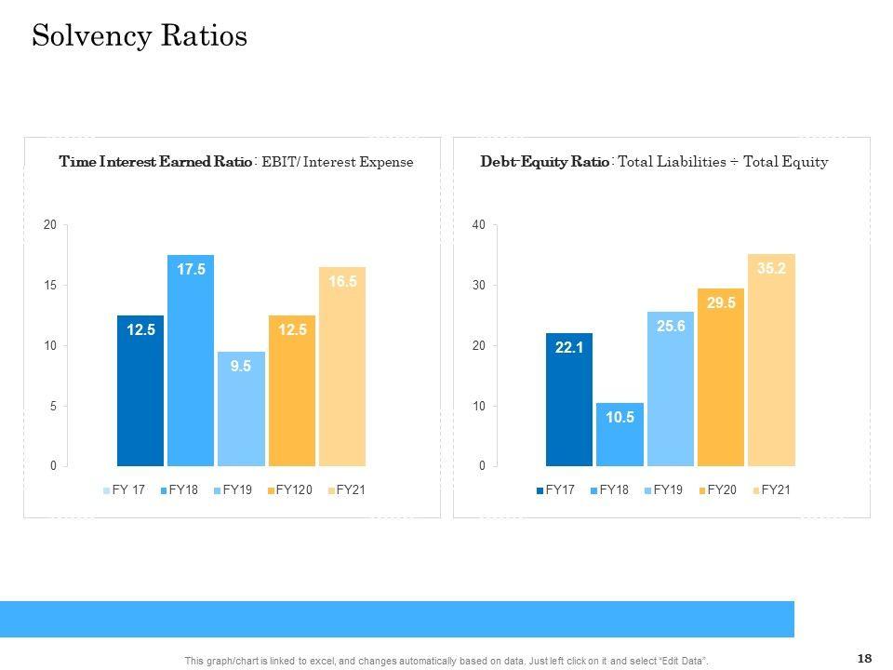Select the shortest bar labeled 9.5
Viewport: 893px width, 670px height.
tap(241, 409)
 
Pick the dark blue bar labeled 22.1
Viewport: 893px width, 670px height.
tap(568, 399)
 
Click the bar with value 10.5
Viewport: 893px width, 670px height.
tap(620, 434)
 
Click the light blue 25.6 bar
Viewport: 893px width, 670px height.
tap(670, 388)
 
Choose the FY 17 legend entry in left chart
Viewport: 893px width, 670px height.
tap(124, 490)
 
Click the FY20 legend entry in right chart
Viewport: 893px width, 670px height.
tap(716, 490)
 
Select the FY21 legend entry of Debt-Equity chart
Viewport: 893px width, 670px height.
tap(770, 490)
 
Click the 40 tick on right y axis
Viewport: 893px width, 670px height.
tap(478, 225)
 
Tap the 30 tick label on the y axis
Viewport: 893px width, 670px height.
tap(478, 286)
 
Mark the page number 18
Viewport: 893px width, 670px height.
tap(864, 659)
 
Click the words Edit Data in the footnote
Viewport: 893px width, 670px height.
tap(682, 661)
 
